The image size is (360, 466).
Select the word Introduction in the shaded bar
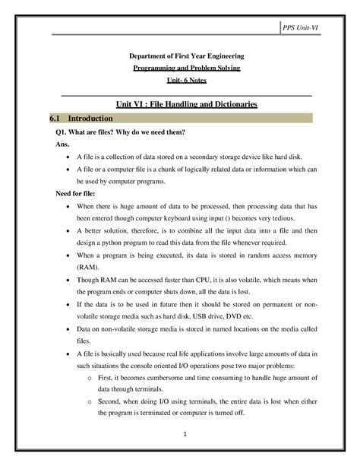(x=90, y=119)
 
